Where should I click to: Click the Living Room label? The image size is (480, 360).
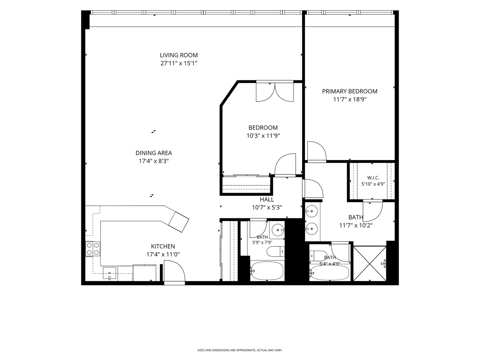(179, 55)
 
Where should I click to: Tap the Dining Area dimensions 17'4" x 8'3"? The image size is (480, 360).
(154, 161)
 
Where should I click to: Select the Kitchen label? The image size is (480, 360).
(163, 246)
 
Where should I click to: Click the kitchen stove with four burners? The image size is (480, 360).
(93, 249)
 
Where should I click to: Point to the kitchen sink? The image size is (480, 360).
(110, 274)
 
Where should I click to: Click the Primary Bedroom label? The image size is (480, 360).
(350, 91)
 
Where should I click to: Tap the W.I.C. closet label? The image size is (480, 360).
(373, 178)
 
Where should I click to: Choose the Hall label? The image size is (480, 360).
(267, 199)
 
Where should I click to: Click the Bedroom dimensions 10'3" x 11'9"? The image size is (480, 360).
(263, 136)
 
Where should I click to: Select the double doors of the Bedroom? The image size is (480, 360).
(275, 92)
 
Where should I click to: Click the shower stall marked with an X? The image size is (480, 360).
(370, 263)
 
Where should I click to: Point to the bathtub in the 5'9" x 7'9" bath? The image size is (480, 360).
(267, 271)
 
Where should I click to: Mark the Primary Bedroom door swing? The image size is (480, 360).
(317, 151)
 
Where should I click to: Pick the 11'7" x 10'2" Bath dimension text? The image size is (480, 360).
(356, 225)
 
